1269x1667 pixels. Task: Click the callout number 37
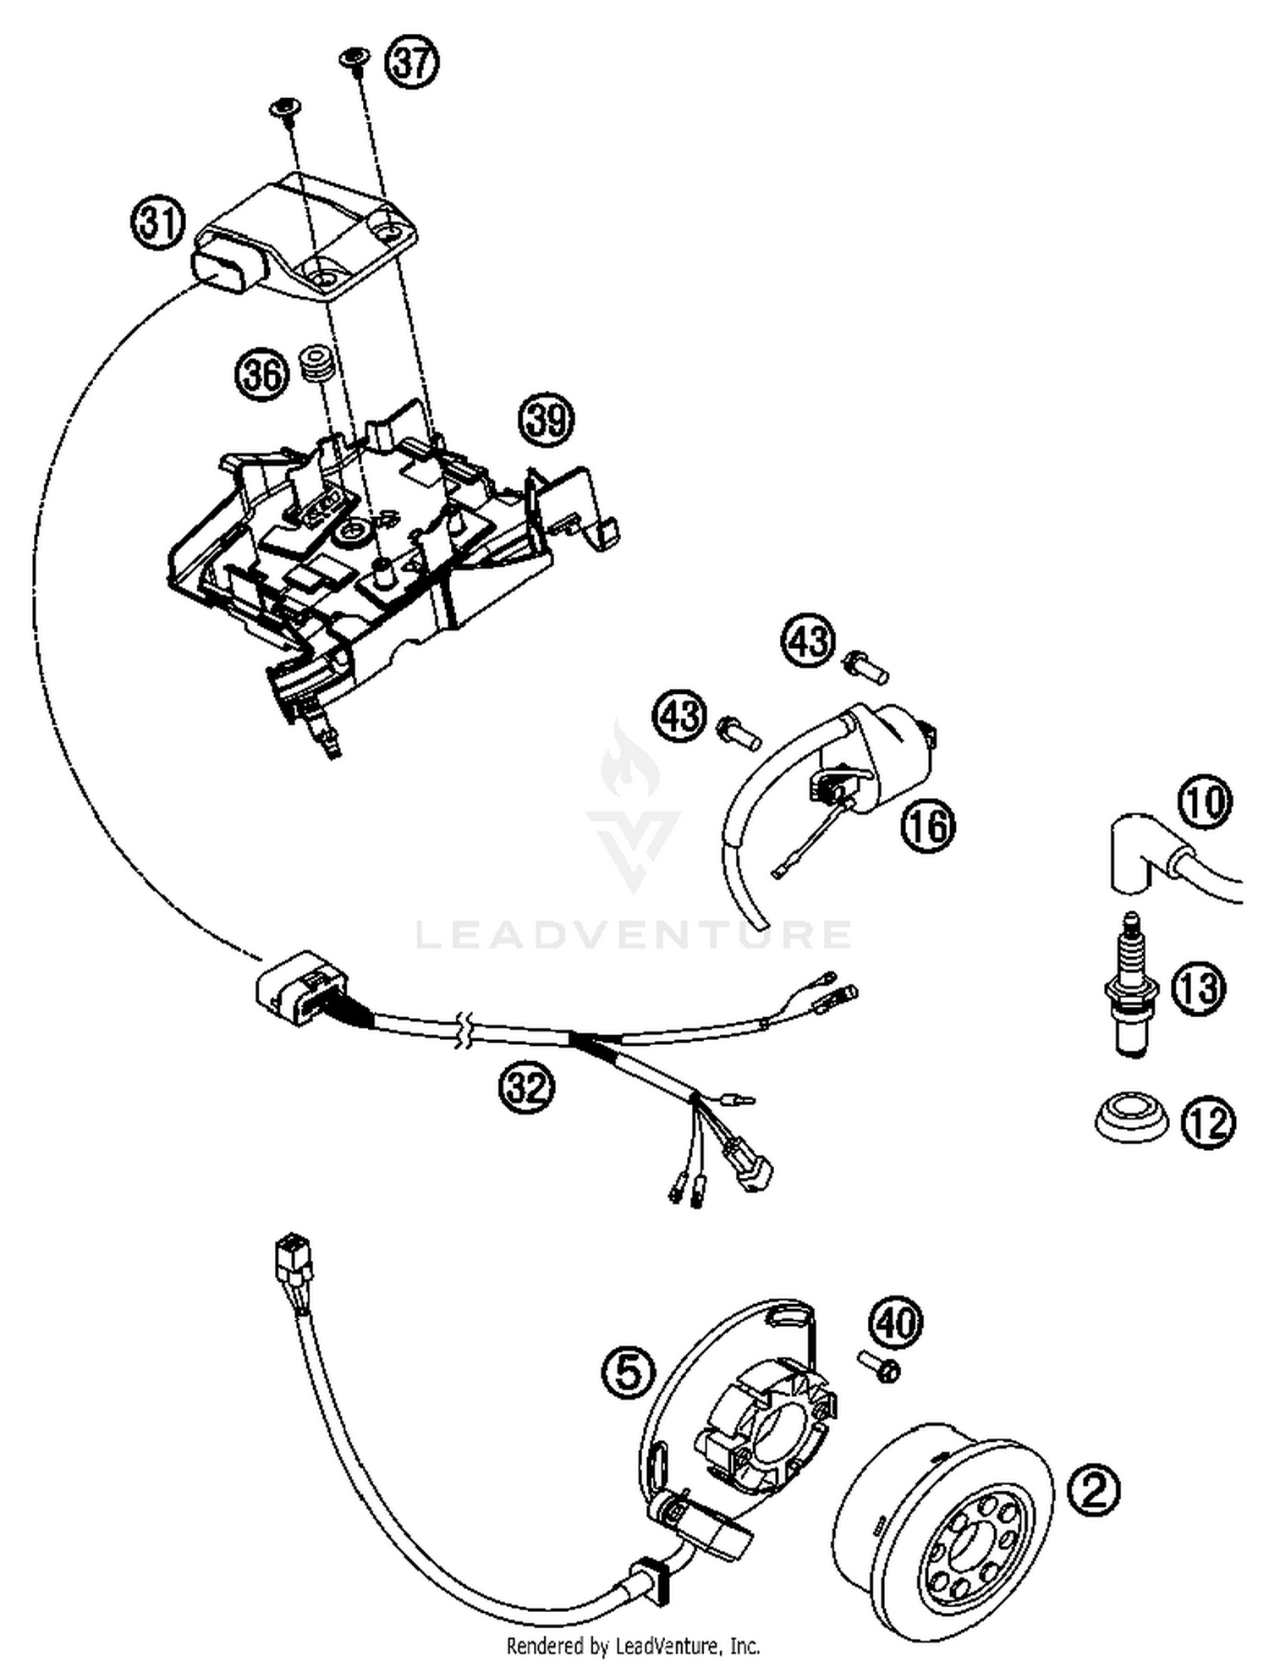412,63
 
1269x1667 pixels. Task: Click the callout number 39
547,419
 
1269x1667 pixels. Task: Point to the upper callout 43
807,640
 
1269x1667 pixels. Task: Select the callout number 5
629,1372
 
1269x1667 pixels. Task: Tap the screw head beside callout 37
354,58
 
